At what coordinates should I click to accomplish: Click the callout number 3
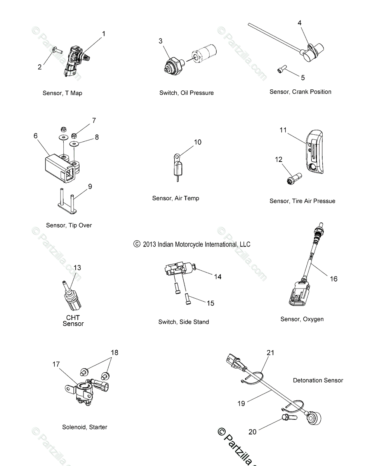[160, 41]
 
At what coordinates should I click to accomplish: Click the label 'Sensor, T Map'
[62, 93]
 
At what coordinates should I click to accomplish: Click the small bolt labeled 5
[281, 70]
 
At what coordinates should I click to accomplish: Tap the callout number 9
[90, 187]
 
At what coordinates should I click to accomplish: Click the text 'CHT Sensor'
[73, 320]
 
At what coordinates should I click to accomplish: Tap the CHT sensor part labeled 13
[71, 297]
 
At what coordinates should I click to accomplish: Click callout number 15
[210, 303]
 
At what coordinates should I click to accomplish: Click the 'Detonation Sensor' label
[318, 381]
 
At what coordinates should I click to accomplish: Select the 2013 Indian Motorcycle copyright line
[192, 244]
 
